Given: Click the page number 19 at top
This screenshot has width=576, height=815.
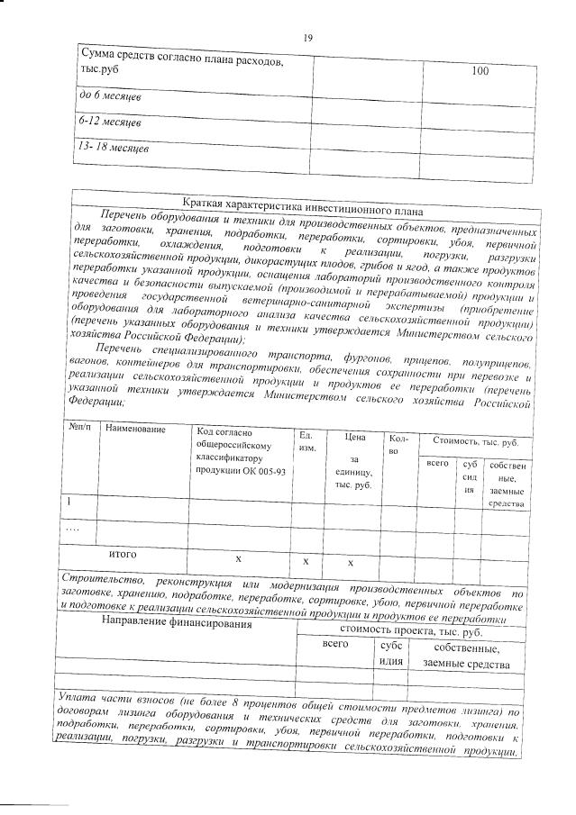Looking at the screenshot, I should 307,37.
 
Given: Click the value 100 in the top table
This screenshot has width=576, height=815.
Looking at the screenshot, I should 480,71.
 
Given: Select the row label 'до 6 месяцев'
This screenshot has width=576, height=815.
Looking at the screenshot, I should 111,95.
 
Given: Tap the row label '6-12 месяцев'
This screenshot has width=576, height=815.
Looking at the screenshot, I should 111,120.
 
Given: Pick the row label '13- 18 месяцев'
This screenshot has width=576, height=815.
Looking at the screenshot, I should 114,146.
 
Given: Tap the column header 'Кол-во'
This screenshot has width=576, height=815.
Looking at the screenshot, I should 398,444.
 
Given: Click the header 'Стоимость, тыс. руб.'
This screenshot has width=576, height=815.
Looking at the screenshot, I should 475,442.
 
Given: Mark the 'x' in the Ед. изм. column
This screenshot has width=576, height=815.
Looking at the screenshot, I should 306,561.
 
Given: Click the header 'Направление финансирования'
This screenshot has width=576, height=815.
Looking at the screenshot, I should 174,621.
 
